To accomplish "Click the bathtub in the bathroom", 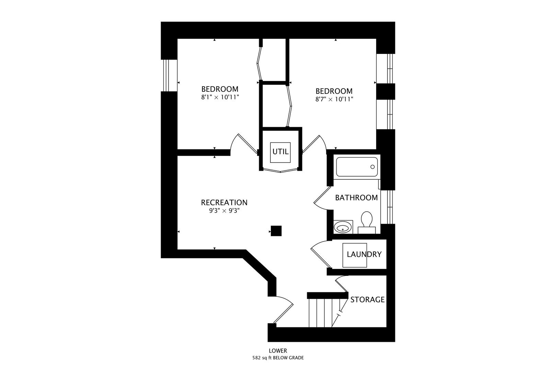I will pyautogui.click(x=357, y=167).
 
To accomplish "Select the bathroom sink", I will pyautogui.click(x=343, y=227).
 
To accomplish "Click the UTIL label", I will pyautogui.click(x=280, y=152).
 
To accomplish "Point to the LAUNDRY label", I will pyautogui.click(x=364, y=255).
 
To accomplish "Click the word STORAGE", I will pyautogui.click(x=367, y=300).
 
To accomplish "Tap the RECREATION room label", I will pyautogui.click(x=224, y=203).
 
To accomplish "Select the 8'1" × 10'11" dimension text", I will pyautogui.click(x=220, y=97).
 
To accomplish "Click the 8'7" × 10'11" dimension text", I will pyautogui.click(x=334, y=99).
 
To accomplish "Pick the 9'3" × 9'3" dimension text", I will pyautogui.click(x=224, y=211).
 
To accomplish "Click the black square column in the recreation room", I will pyautogui.click(x=276, y=231).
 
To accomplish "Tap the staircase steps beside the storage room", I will pyautogui.click(x=321, y=313).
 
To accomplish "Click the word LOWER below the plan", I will pyautogui.click(x=278, y=351).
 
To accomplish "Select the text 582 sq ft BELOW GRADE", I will pyautogui.click(x=278, y=358).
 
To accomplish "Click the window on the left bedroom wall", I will pyautogui.click(x=169, y=76).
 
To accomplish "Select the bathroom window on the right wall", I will pyautogui.click(x=388, y=206).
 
